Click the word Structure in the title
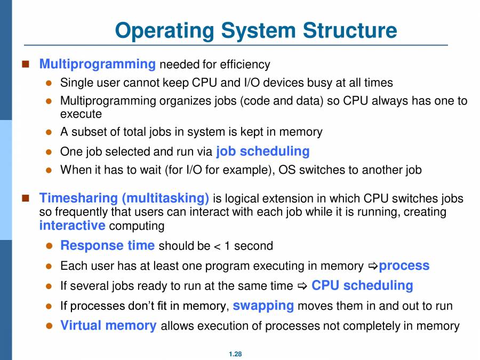[350, 30]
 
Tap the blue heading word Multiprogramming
[98, 64]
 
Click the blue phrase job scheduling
[262, 151]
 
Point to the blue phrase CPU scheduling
[362, 285]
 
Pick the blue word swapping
[263, 306]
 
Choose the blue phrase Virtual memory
[108, 325]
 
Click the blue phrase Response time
[107, 245]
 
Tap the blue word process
[404, 265]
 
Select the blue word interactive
[72, 225]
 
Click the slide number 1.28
[235, 354]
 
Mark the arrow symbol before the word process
[373, 266]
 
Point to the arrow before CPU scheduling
[302, 286]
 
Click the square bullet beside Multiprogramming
[25, 65]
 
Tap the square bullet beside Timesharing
[25, 198]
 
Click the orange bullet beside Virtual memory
[49, 326]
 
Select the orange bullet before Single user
[49, 83]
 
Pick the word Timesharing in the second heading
[78, 198]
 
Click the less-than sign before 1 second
[216, 246]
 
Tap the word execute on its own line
[81, 114]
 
